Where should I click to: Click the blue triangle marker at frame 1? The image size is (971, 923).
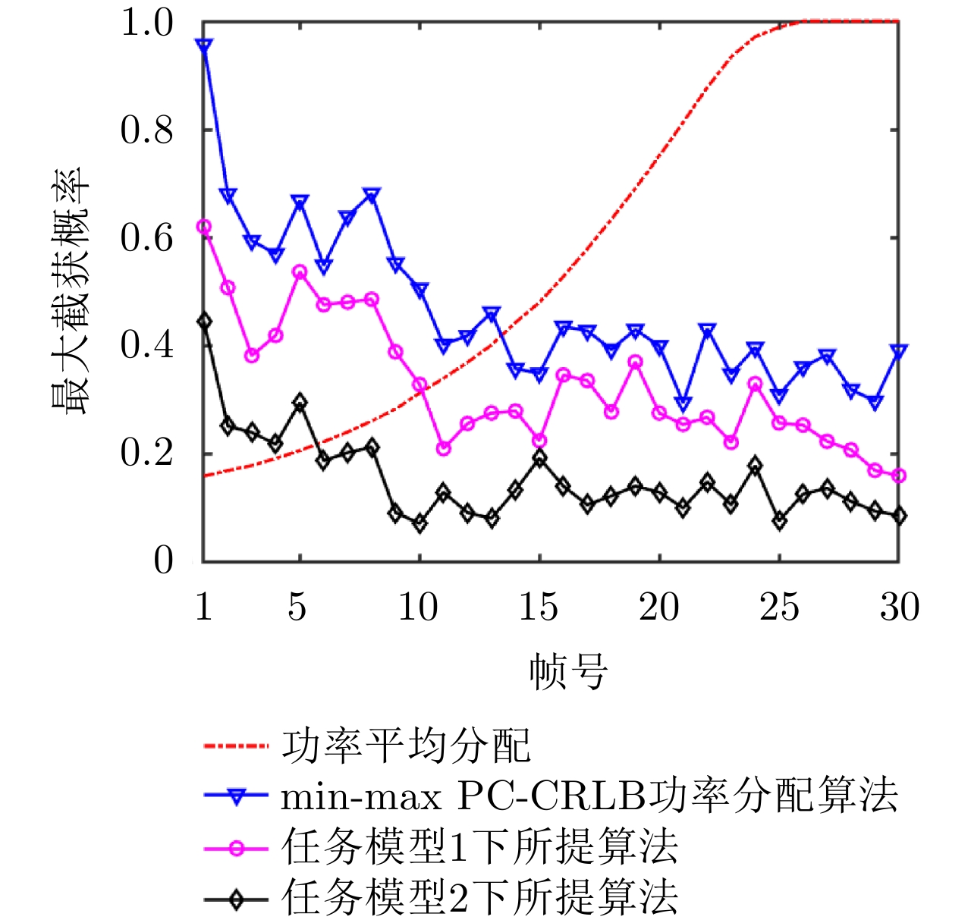pyautogui.click(x=203, y=46)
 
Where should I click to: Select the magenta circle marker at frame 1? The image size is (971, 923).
pyautogui.click(x=203, y=227)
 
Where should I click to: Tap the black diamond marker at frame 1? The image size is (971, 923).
pyautogui.click(x=203, y=322)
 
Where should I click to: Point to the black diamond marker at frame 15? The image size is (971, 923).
pyautogui.click(x=539, y=458)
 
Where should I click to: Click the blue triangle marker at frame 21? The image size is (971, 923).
pyautogui.click(x=683, y=403)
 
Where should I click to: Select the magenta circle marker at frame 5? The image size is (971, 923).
pyautogui.click(x=300, y=272)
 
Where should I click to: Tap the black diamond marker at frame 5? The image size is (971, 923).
pyautogui.click(x=300, y=403)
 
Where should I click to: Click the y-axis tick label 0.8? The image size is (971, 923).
pyautogui.click(x=147, y=130)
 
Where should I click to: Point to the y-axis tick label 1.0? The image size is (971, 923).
pyautogui.click(x=147, y=23)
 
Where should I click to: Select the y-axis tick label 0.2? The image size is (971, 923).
pyautogui.click(x=147, y=454)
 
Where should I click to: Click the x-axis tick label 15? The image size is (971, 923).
pyautogui.click(x=539, y=607)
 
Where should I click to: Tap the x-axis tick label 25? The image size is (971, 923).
pyautogui.click(x=779, y=607)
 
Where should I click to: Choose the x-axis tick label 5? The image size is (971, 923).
pyautogui.click(x=297, y=607)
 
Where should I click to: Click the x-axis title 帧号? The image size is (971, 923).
pyautogui.click(x=568, y=671)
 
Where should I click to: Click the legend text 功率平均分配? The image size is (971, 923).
pyautogui.click(x=406, y=746)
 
